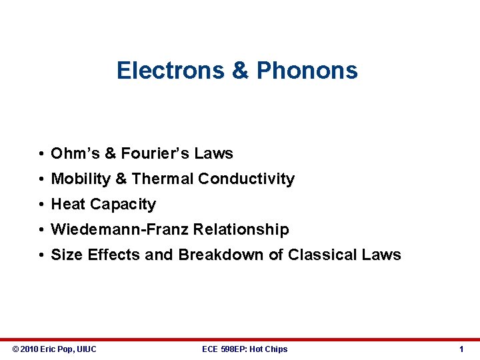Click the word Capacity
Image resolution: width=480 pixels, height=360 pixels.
click(123, 204)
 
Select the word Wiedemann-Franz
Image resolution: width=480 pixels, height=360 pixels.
click(120, 229)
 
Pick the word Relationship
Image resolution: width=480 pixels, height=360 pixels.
click(241, 229)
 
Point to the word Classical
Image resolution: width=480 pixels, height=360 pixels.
click(319, 255)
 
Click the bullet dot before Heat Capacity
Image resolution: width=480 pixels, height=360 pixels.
click(41, 205)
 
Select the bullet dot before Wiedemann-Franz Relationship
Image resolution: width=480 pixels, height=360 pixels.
click(41, 230)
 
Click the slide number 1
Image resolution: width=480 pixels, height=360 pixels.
click(461, 349)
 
